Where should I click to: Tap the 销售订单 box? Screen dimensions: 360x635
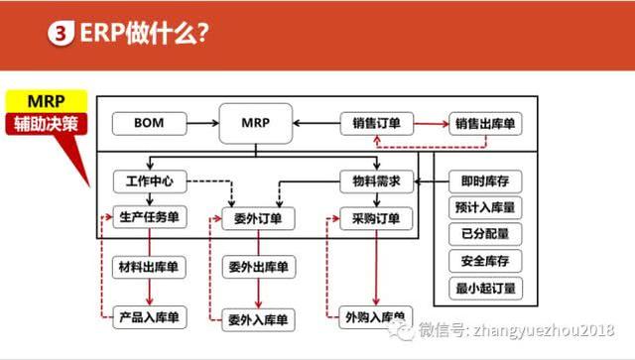(x=376, y=125)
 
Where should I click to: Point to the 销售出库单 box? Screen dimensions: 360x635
(x=487, y=125)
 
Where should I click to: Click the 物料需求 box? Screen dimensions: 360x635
(x=376, y=182)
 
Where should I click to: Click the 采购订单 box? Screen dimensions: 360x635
(x=376, y=218)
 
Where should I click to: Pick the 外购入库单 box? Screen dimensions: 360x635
(x=376, y=318)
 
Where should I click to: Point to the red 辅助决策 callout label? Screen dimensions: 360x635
(x=47, y=126)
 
